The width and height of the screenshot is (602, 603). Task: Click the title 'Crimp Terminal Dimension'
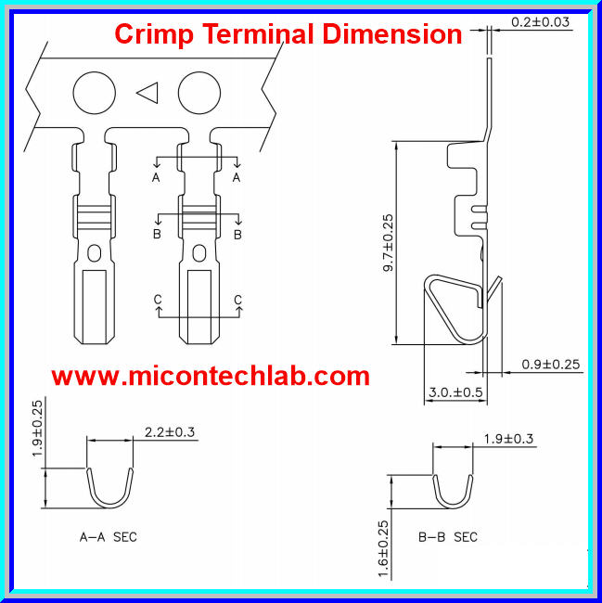pyautogui.click(x=288, y=34)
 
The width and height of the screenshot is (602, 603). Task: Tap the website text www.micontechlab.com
pyautogui.click(x=210, y=376)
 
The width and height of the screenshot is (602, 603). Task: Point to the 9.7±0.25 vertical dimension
pyautogui.click(x=388, y=242)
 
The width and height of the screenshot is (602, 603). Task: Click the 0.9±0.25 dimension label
pyautogui.click(x=551, y=364)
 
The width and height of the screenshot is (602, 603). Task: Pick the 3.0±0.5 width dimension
pyautogui.click(x=455, y=392)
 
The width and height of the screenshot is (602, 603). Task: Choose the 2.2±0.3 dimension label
pyautogui.click(x=171, y=431)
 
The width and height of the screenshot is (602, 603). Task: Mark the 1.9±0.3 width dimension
pyautogui.click(x=508, y=438)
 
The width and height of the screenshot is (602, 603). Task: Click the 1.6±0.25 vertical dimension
pyautogui.click(x=383, y=549)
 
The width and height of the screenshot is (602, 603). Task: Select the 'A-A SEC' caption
pyautogui.click(x=109, y=537)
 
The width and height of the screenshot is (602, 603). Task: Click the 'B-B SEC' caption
pyautogui.click(x=448, y=537)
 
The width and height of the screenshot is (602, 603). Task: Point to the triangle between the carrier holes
pyautogui.click(x=147, y=92)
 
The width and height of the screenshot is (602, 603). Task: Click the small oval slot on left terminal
pyautogui.click(x=93, y=252)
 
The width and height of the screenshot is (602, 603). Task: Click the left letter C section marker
pyautogui.click(x=159, y=300)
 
